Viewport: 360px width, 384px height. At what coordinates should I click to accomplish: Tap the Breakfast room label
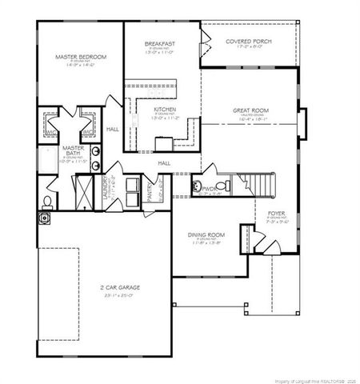tap(160, 43)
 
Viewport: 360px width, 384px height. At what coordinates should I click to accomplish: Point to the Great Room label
tap(250, 110)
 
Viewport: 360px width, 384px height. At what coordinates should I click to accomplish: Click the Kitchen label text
tap(165, 109)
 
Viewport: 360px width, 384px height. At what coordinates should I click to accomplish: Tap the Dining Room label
tap(206, 234)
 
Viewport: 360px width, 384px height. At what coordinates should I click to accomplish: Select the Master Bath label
tap(74, 150)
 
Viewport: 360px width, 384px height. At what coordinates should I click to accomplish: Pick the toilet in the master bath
tap(48, 200)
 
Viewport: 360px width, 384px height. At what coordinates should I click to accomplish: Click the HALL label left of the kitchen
tap(112, 129)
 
